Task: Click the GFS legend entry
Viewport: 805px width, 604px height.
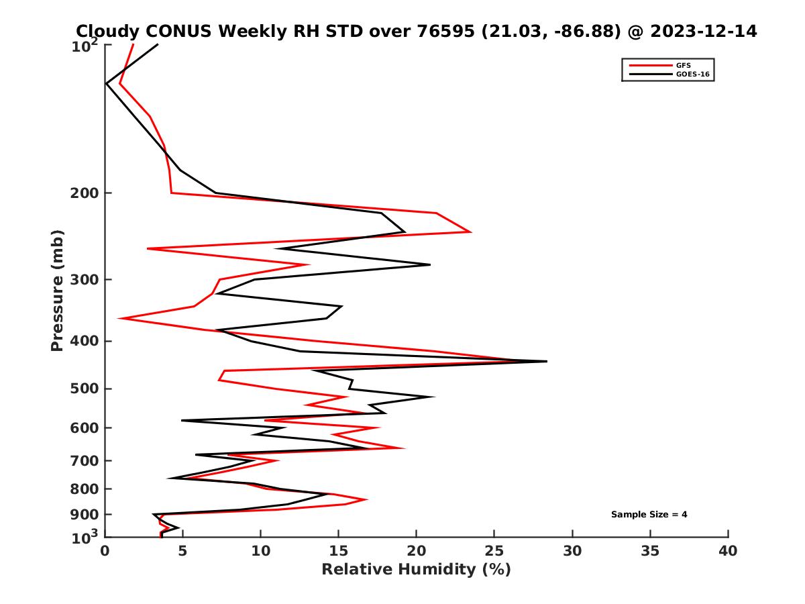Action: click(685, 65)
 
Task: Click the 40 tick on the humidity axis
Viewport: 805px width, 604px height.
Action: click(728, 551)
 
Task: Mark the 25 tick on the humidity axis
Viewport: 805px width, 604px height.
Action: click(494, 551)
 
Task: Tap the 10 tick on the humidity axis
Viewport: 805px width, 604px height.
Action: click(261, 551)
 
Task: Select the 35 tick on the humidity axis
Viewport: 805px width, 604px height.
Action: click(650, 551)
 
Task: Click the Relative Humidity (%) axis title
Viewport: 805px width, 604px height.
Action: click(416, 570)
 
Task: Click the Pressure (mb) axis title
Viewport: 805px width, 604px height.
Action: click(57, 290)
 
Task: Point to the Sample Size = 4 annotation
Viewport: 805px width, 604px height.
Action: click(649, 515)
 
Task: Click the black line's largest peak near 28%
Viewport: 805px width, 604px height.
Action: click(547, 361)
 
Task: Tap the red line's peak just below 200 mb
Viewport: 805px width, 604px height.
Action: click(471, 232)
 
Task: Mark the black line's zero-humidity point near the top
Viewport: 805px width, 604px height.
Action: click(106, 83)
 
